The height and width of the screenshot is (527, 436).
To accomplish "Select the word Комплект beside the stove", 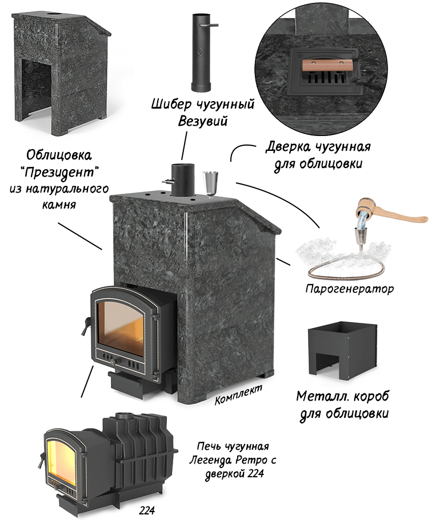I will coord(238,394).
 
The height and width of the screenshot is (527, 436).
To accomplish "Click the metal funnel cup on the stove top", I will coord(211,182).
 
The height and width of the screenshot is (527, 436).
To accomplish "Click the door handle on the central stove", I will coord(85,326).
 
